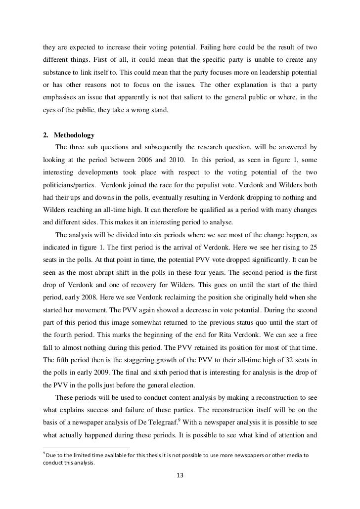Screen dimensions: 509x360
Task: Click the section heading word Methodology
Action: [77, 135]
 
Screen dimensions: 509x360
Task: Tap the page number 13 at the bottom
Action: [180, 475]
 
